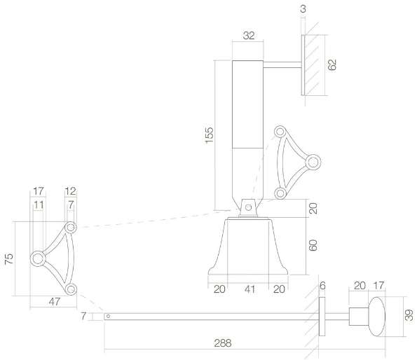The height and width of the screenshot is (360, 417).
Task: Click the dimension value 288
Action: [221, 343]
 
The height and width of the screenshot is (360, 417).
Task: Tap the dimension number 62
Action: [332, 65]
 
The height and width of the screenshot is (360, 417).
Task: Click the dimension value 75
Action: [9, 258]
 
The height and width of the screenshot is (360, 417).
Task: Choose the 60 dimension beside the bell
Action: [313, 245]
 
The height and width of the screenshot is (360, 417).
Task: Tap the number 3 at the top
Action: [303, 8]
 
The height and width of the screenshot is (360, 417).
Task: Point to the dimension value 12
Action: [70, 191]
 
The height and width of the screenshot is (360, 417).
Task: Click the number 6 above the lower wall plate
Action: [322, 286]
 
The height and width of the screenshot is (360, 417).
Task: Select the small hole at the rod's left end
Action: [108, 316]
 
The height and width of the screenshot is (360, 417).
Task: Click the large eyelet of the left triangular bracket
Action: [38, 259]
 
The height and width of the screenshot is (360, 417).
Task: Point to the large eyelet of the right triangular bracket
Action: [313, 162]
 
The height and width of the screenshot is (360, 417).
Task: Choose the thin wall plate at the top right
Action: [303, 65]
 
